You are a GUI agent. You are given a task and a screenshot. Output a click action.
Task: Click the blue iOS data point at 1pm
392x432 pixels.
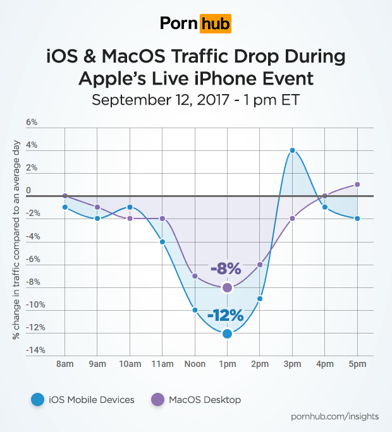click(x=227, y=333)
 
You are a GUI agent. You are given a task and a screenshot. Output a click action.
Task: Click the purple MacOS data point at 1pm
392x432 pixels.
click(x=227, y=288)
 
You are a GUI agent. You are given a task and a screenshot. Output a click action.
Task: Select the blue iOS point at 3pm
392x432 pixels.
click(x=292, y=150)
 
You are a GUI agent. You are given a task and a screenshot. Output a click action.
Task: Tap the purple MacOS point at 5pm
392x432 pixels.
click(x=357, y=184)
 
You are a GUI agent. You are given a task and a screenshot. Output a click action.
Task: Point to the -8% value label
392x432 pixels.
click(x=226, y=269)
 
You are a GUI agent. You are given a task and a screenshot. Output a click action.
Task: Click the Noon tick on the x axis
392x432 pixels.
click(x=194, y=365)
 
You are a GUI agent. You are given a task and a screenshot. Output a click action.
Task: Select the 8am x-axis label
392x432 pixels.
click(x=65, y=365)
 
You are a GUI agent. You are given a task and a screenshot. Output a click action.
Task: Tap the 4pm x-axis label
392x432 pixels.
click(x=325, y=365)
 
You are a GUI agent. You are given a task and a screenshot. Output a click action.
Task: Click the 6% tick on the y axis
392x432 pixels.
click(x=32, y=123)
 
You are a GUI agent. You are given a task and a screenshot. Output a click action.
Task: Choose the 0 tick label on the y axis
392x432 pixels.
click(x=28, y=190)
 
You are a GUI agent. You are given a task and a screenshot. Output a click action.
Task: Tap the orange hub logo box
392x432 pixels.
click(x=215, y=25)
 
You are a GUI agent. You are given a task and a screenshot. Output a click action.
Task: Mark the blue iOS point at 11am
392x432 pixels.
click(x=162, y=242)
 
